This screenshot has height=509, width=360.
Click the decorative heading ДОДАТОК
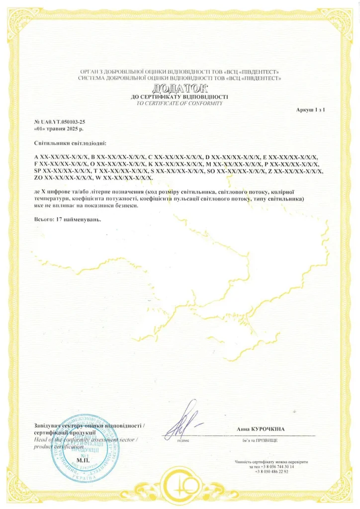click(x=180, y=88)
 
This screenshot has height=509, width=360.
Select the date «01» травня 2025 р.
click(x=55, y=129)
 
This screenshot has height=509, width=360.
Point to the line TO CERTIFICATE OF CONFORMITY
click(x=180, y=103)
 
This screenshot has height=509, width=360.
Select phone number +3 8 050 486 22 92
click(x=271, y=471)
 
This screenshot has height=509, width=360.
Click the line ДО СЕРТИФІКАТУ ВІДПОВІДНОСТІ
click(x=180, y=96)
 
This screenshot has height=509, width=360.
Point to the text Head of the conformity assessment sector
click(x=85, y=440)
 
